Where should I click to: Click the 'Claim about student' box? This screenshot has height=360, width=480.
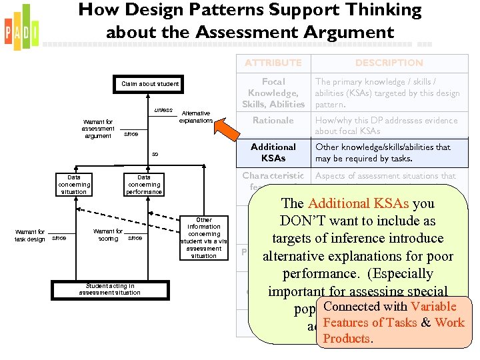(x=150, y=84)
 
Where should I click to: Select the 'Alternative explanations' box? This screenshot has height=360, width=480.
(x=195, y=117)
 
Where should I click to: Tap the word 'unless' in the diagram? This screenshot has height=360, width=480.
(x=163, y=110)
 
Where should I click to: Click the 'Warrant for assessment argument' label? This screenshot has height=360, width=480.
(x=99, y=129)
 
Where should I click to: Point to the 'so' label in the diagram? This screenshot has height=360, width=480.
(x=155, y=154)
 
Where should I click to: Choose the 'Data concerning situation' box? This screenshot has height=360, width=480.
(x=73, y=185)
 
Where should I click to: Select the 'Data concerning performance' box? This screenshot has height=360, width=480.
(x=144, y=185)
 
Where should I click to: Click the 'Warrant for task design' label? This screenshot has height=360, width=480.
(x=31, y=235)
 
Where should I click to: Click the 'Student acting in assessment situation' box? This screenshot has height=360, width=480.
(x=109, y=289)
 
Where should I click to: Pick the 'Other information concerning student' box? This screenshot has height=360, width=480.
(x=204, y=237)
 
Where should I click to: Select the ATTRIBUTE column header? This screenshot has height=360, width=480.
(x=273, y=63)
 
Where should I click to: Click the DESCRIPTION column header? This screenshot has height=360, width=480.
(x=389, y=63)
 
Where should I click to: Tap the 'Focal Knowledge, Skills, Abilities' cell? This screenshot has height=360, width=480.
(x=273, y=93)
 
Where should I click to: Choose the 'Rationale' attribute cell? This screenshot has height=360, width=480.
(x=273, y=121)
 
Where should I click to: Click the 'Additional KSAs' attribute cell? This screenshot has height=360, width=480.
(x=273, y=153)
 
